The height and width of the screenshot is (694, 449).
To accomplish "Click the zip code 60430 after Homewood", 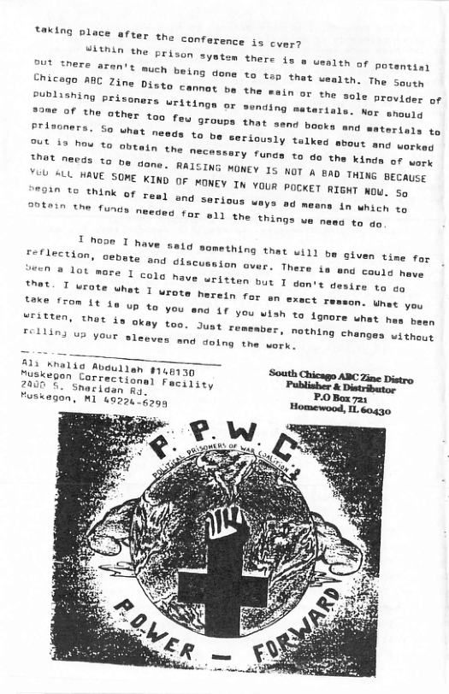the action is [375, 409].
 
